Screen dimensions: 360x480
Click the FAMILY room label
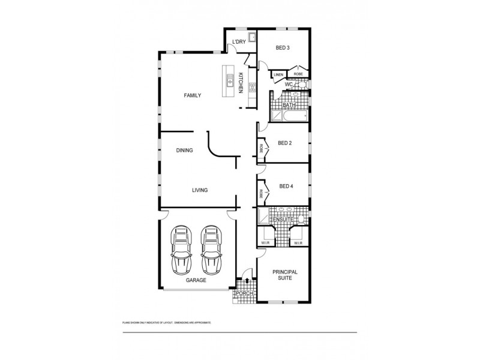(192, 95)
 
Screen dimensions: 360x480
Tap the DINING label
(184, 151)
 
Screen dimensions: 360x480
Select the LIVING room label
(200, 190)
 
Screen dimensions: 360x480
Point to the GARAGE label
(196, 280)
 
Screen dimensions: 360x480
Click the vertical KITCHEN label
(241, 82)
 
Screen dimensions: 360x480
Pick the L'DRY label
(239, 41)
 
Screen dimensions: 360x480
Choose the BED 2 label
(285, 143)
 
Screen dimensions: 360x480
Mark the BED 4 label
(287, 186)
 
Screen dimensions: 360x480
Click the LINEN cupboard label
(278, 74)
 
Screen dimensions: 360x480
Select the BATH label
(289, 106)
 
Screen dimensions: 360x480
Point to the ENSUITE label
(283, 220)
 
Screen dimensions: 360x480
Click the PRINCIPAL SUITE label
(285, 275)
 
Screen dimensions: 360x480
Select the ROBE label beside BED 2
(261, 148)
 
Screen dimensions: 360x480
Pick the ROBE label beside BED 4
(261, 194)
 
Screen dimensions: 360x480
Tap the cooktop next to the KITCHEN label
(253, 88)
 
